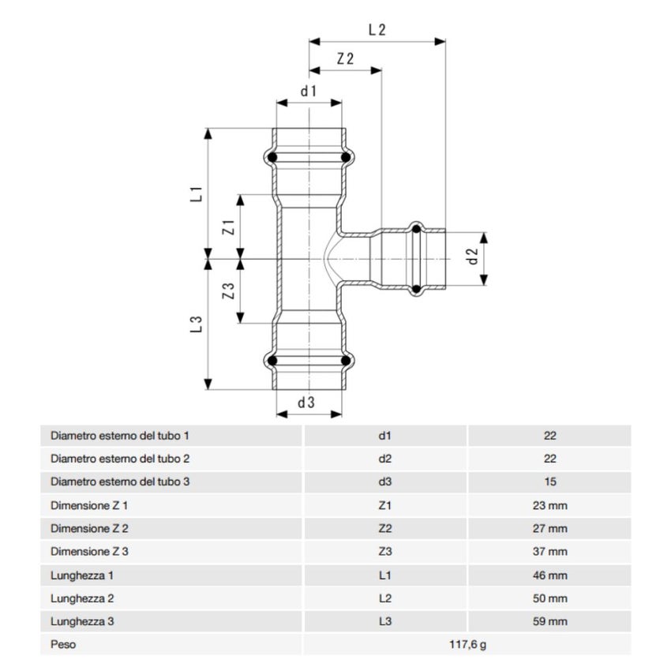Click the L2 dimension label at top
pyautogui.click(x=377, y=30)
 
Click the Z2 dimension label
pyautogui.click(x=345, y=58)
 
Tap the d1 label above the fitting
pyautogui.click(x=308, y=91)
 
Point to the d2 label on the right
pyautogui.click(x=473, y=257)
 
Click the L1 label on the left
pyautogui.click(x=197, y=193)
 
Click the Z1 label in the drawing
pyautogui.click(x=229, y=228)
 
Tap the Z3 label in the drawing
pyautogui.click(x=229, y=291)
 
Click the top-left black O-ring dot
pyautogui.click(x=272, y=158)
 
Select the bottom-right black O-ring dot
pyautogui.click(x=345, y=362)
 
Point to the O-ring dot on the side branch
pyautogui.click(x=416, y=230)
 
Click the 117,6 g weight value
pyautogui.click(x=467, y=645)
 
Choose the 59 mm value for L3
pyautogui.click(x=550, y=621)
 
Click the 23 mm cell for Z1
pyautogui.click(x=550, y=504)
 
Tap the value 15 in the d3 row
pyautogui.click(x=550, y=481)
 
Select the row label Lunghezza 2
pyautogui.click(x=84, y=598)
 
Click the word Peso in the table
pyautogui.click(x=63, y=645)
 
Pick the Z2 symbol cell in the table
pyautogui.click(x=385, y=528)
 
